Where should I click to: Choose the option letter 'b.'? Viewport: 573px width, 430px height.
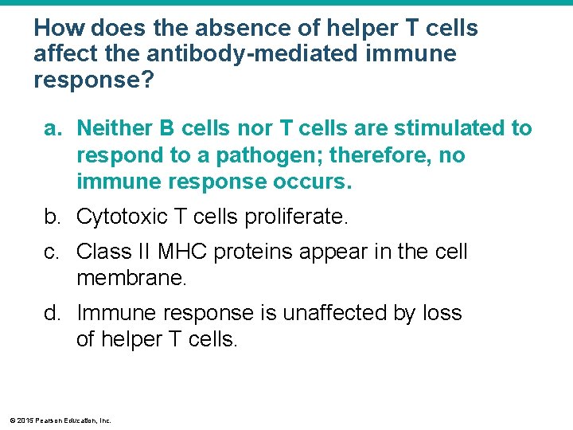[54, 217]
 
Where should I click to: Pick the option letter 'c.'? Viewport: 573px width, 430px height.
[53, 252]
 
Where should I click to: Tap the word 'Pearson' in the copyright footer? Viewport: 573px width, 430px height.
[50, 420]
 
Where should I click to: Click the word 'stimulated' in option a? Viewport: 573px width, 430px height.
[434, 128]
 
